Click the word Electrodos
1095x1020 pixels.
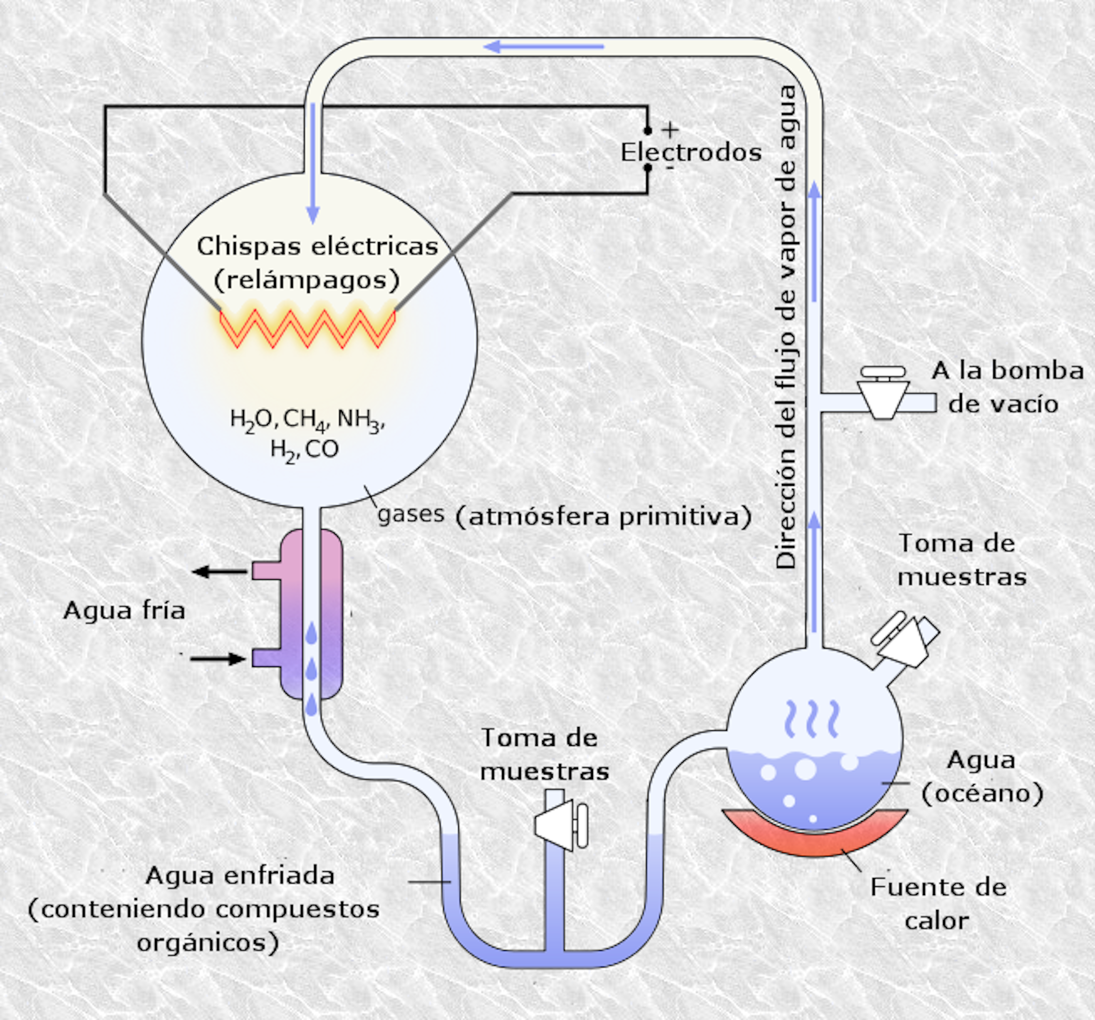click(x=691, y=153)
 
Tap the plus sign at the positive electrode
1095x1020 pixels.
click(x=670, y=131)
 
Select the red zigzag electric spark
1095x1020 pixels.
click(x=307, y=329)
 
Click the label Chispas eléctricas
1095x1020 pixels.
click(x=317, y=247)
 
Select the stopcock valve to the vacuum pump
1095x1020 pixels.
click(x=883, y=392)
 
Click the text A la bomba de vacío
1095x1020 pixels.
click(x=1007, y=387)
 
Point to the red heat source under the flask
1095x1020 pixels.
click(x=815, y=835)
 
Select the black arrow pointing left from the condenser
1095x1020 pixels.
click(x=219, y=572)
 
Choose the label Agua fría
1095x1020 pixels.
click(x=124, y=611)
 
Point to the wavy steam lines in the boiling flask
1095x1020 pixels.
click(x=812, y=719)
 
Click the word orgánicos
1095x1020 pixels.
click(x=208, y=943)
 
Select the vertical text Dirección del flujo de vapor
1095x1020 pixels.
click(x=786, y=328)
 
